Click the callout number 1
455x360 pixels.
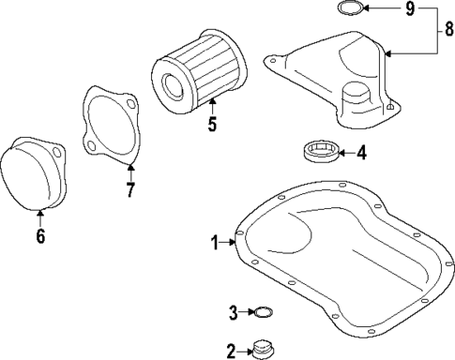pyautogui.click(x=215, y=243)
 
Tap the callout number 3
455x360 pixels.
pyautogui.click(x=234, y=312)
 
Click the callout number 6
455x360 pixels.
pyautogui.click(x=39, y=235)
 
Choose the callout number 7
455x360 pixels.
pyautogui.click(x=130, y=190)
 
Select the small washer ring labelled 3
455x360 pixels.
pyautogui.click(x=265, y=312)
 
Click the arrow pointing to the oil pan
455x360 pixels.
pyautogui.click(x=231, y=243)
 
